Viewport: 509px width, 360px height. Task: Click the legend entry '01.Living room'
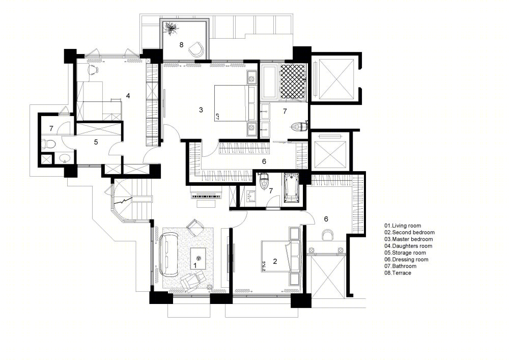(x=403, y=226)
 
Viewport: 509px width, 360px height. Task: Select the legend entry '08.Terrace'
(x=398, y=273)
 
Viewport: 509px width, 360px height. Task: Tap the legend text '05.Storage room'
(x=405, y=253)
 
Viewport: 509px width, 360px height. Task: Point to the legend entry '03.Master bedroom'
(x=408, y=239)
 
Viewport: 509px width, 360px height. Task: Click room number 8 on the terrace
(x=182, y=45)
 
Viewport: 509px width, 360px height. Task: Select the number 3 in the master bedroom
(x=201, y=110)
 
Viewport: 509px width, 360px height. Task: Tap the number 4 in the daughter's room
(x=128, y=96)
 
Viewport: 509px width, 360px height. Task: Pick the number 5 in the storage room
(x=96, y=142)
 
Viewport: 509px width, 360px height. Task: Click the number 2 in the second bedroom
(x=275, y=261)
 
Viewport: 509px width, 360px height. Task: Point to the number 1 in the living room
(x=195, y=266)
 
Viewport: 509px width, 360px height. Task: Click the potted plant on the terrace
(x=171, y=28)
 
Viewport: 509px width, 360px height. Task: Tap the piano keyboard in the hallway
(x=205, y=196)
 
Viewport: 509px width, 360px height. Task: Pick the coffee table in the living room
(x=199, y=258)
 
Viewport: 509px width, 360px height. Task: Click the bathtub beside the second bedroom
(x=292, y=188)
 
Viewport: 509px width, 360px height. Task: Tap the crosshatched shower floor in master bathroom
(x=293, y=81)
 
